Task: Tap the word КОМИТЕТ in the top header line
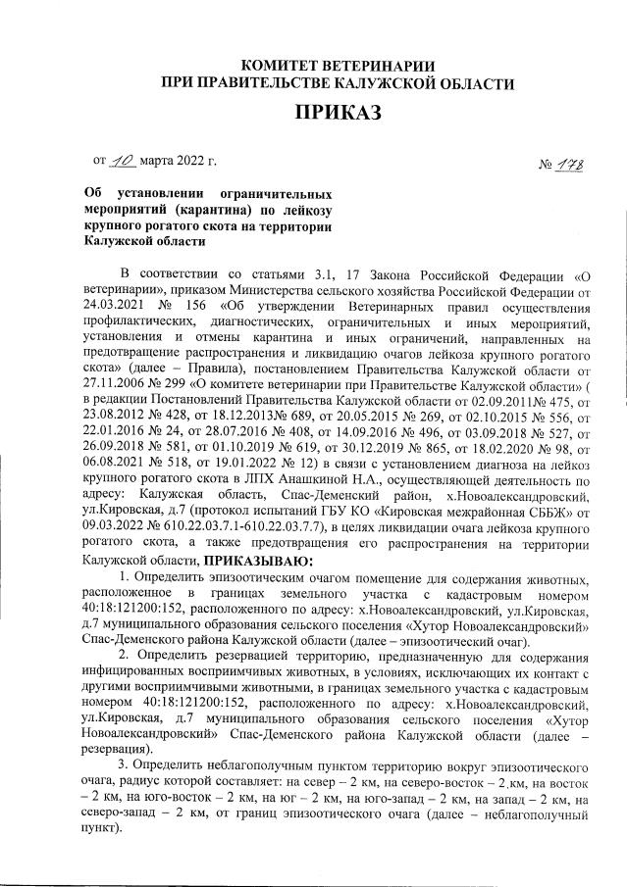pos(281,64)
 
